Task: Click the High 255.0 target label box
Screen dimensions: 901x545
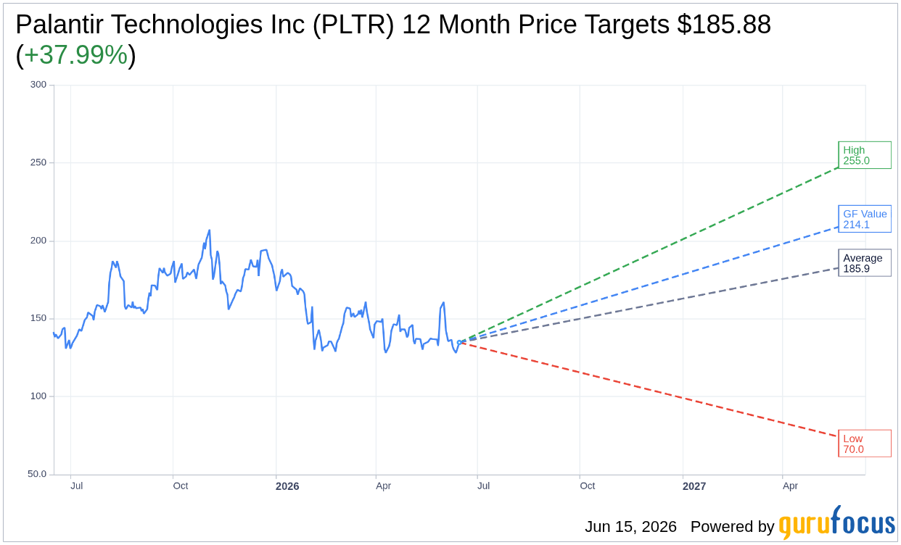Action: pos(865,155)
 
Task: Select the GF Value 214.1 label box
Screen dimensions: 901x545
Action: pos(865,219)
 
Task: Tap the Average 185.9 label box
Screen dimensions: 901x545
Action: pos(865,263)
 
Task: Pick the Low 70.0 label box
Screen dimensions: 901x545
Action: pos(865,444)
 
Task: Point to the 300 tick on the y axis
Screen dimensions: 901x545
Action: pos(38,85)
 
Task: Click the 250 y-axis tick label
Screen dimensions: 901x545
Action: pos(38,163)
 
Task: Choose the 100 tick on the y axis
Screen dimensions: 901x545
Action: pos(38,396)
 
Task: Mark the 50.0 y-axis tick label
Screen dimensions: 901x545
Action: pos(37,474)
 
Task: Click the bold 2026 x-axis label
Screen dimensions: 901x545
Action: pos(287,486)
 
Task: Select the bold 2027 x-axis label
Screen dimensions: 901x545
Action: pos(694,486)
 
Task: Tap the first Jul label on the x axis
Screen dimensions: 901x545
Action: pos(76,486)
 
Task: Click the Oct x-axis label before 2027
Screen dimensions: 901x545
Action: pos(588,486)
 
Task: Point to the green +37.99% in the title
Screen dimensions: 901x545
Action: pos(75,55)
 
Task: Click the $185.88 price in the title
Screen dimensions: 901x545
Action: pos(724,25)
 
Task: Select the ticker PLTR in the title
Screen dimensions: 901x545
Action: pos(353,25)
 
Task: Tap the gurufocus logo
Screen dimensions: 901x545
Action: pos(837,523)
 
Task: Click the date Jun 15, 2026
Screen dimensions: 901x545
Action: pos(630,527)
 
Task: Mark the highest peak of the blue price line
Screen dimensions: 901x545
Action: pos(209,230)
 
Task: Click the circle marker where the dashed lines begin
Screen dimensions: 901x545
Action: pos(459,342)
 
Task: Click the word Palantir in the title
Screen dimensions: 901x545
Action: pos(56,25)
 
